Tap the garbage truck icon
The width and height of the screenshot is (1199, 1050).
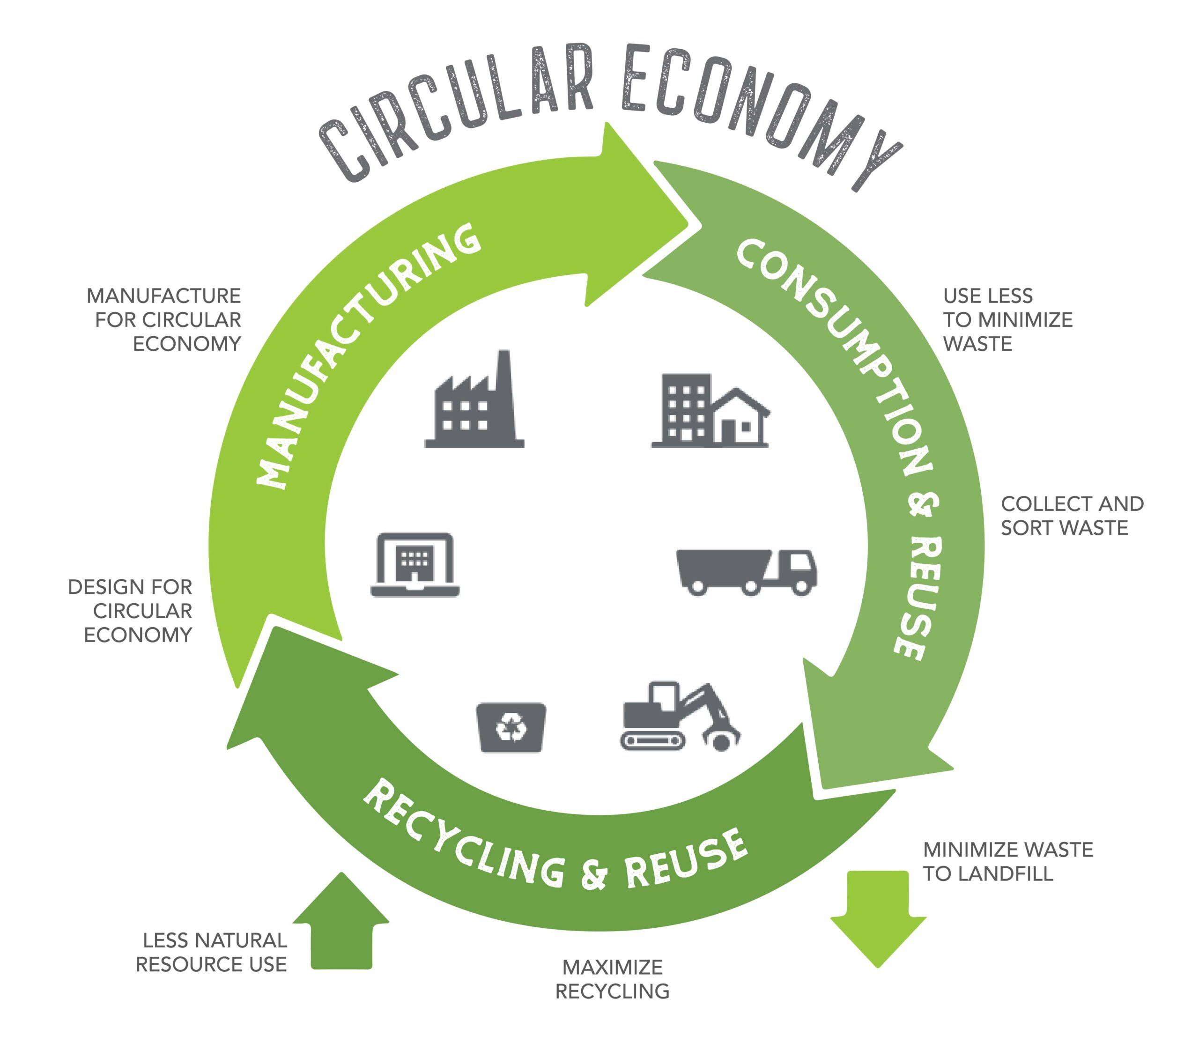746,571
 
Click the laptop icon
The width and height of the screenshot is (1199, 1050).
415,564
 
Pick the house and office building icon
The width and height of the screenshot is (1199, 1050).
710,411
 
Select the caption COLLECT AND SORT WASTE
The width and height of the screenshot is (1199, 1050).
1071,516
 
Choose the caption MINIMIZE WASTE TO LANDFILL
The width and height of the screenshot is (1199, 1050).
1007,861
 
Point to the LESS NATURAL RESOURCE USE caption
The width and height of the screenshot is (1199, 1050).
212,952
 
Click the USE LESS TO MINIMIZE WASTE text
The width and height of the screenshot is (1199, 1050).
1007,319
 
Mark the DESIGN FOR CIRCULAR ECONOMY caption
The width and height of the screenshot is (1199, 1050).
131,611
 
